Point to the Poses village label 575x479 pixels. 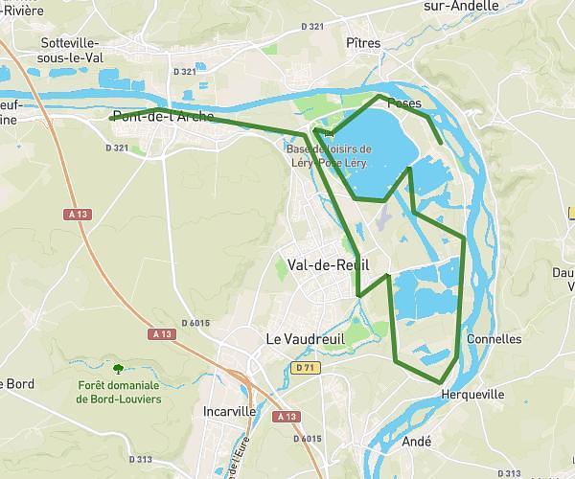405,104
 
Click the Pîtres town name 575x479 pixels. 364,43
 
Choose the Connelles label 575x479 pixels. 494,339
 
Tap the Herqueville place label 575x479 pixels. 471,394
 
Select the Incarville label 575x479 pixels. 231,411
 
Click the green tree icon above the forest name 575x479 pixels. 118,368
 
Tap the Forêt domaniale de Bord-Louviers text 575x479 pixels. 120,392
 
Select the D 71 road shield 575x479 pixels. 305,367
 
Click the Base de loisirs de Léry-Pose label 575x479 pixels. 329,155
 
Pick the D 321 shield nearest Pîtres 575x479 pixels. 311,27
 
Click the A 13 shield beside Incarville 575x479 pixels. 285,417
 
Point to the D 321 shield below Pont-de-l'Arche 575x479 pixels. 115,148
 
